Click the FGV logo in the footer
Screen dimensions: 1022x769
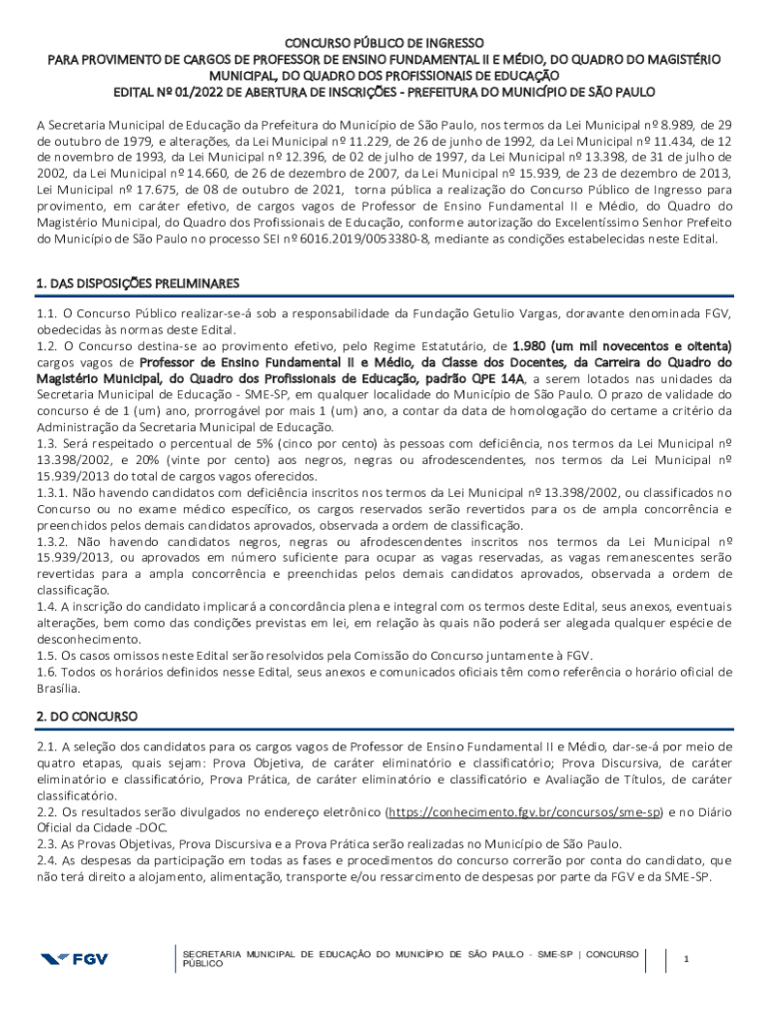tap(74, 959)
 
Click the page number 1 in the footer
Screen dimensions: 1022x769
tap(686, 959)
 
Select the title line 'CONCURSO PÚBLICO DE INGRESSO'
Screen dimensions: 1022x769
tap(384, 43)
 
